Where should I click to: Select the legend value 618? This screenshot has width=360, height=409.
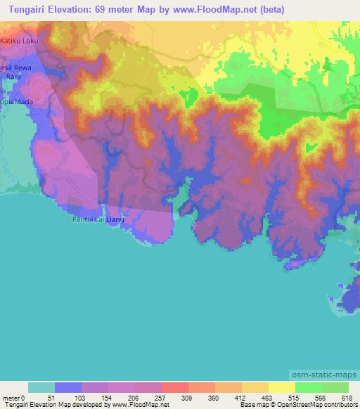coord(347,397)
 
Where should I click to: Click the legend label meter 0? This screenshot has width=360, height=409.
coord(14,397)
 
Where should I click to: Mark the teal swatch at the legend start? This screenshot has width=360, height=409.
coord(41,387)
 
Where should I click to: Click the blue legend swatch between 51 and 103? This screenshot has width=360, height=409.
coord(68,387)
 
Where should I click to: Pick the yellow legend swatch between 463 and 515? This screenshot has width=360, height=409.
coord(281,387)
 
